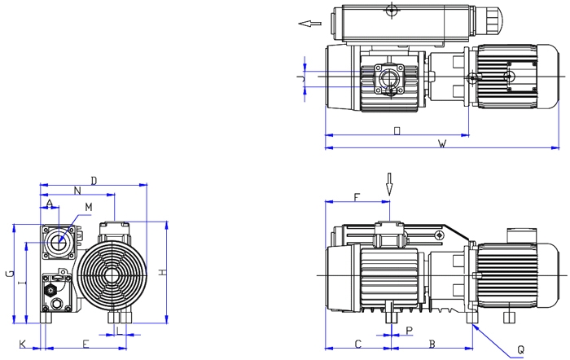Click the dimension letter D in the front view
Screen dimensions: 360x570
(x=94, y=179)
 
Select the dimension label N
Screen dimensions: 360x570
(x=77, y=191)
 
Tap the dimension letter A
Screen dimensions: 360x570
(x=50, y=202)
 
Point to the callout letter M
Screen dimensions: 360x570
(x=89, y=208)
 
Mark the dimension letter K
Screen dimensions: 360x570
(x=22, y=344)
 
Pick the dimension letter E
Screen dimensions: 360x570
(x=85, y=344)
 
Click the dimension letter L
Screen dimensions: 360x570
(x=119, y=331)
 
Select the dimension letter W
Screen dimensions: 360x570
(x=442, y=144)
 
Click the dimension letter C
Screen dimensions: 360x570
(x=357, y=344)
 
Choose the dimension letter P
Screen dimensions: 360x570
(x=410, y=331)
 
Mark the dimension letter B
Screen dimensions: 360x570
(x=432, y=344)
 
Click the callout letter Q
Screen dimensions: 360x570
(x=520, y=349)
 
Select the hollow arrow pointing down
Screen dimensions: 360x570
(x=390, y=182)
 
